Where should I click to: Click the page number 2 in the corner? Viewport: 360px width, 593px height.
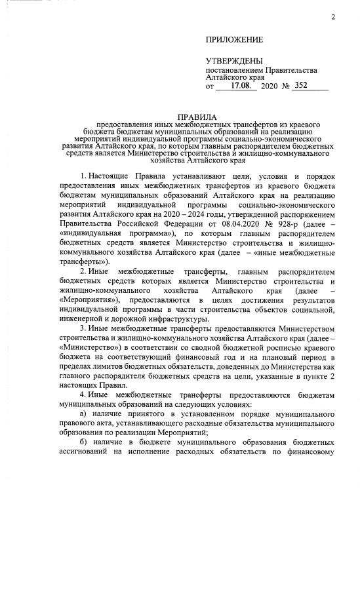332,16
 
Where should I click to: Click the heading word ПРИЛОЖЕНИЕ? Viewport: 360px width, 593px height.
233,40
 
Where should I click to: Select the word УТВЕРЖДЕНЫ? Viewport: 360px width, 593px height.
234,61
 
